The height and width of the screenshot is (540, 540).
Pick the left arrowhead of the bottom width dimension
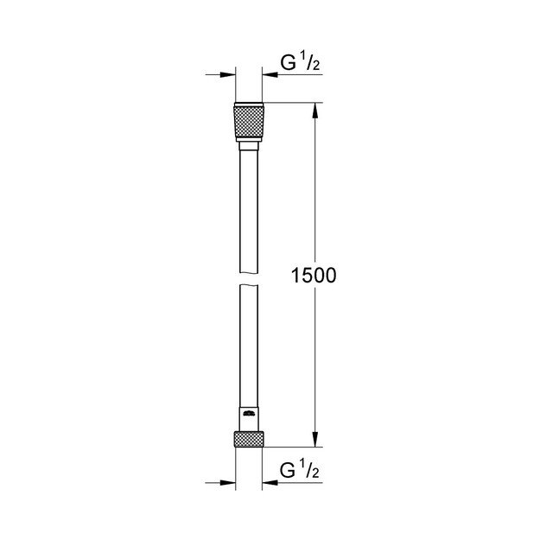click(x=230, y=482)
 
